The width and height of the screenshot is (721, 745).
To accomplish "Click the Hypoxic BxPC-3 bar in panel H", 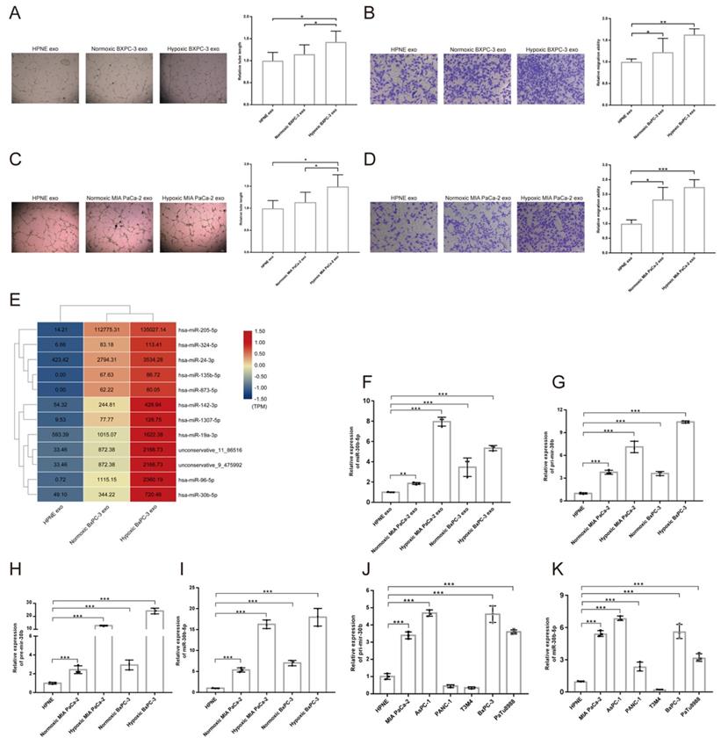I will (x=154, y=653).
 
